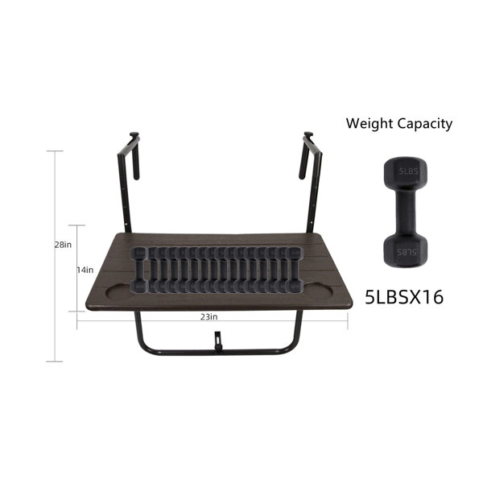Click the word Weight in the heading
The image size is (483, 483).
point(369,123)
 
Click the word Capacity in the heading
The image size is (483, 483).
point(425,125)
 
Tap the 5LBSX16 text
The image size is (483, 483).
point(404,297)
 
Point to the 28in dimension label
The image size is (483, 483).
point(63,245)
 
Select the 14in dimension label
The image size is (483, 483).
point(85,270)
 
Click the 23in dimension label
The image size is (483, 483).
point(208,316)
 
